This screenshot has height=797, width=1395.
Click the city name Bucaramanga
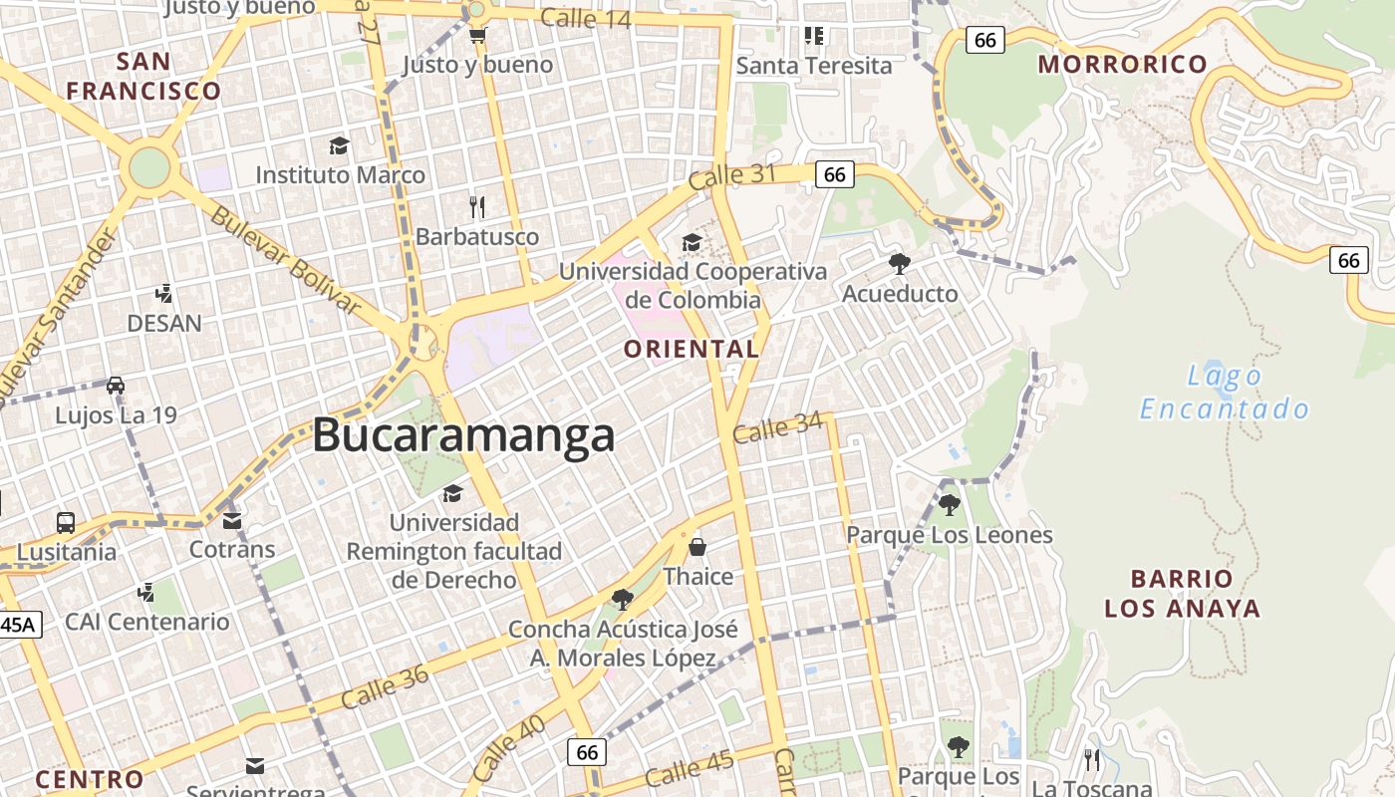(x=463, y=436)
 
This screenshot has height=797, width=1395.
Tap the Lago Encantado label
(x=1225, y=393)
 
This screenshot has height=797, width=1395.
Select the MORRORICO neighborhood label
(x=1122, y=65)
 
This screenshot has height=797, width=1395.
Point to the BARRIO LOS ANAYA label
(x=1182, y=594)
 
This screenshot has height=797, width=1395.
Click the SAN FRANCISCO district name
(x=143, y=77)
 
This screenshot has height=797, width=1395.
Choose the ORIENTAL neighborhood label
(x=691, y=350)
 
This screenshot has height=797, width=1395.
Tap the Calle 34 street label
(x=777, y=428)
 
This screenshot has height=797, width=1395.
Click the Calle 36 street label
(x=385, y=687)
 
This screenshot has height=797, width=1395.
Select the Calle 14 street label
(x=585, y=18)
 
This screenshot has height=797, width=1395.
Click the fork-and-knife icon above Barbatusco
(x=477, y=207)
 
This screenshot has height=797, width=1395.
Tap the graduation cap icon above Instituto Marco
(x=339, y=145)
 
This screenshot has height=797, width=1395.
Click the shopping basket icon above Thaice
(x=697, y=547)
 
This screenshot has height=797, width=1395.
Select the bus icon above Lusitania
(x=66, y=522)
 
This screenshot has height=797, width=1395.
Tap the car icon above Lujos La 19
(x=116, y=386)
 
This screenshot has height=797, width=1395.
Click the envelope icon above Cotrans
(x=232, y=521)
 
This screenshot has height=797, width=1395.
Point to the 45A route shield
(x=17, y=626)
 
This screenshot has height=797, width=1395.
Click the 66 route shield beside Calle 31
(x=834, y=175)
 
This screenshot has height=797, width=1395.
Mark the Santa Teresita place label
(x=814, y=66)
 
